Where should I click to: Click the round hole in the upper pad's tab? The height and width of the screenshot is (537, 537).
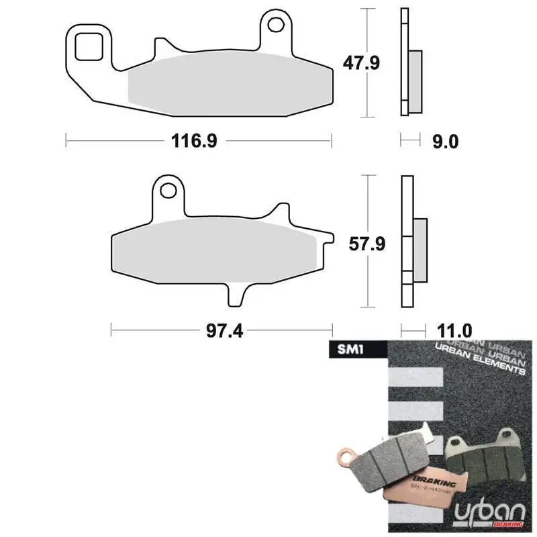(x=275, y=26)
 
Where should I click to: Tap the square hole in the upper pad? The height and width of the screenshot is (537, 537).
(x=87, y=46)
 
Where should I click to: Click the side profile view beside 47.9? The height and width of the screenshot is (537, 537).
(x=410, y=64)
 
